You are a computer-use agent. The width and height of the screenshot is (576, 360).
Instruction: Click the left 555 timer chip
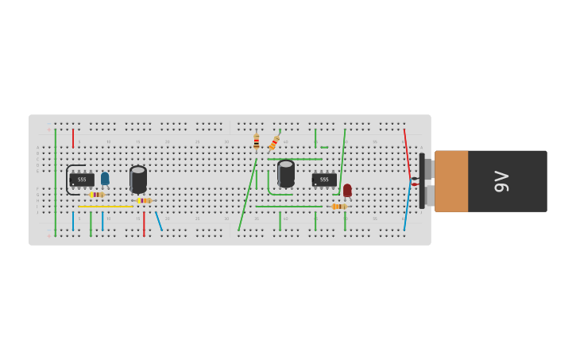(82, 180)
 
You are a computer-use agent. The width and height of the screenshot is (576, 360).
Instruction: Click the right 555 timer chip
(324, 180)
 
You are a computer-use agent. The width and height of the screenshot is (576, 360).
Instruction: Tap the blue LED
(105, 179)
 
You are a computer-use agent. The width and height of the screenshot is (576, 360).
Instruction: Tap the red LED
(347, 190)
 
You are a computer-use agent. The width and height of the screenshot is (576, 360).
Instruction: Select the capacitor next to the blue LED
(138, 179)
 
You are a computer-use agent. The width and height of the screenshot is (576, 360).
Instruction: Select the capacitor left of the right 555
(286, 173)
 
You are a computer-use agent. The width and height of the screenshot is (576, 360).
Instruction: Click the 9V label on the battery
(501, 181)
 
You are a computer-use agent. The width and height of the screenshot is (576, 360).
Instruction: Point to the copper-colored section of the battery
(451, 181)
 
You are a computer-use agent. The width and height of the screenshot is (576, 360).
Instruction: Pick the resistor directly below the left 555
(97, 195)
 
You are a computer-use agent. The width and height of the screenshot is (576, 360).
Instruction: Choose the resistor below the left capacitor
(143, 200)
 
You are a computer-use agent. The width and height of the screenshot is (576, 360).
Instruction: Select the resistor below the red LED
(339, 207)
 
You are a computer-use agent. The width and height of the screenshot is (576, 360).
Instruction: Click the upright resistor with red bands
(256, 141)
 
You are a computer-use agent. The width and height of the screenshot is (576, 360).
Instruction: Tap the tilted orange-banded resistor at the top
(274, 143)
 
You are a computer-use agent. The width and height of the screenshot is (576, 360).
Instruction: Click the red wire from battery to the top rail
(407, 151)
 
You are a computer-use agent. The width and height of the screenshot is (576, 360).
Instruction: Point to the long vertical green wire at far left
(56, 183)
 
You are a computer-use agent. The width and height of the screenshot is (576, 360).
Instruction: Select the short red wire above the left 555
(73, 138)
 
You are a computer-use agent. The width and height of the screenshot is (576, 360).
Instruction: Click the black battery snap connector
(422, 181)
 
